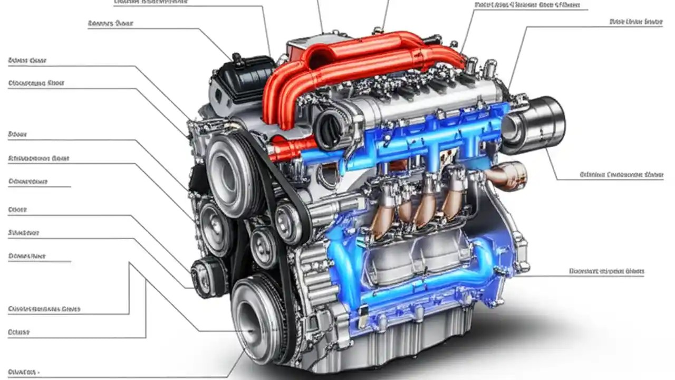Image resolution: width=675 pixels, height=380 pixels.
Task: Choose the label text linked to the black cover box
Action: click(x=110, y=24)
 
